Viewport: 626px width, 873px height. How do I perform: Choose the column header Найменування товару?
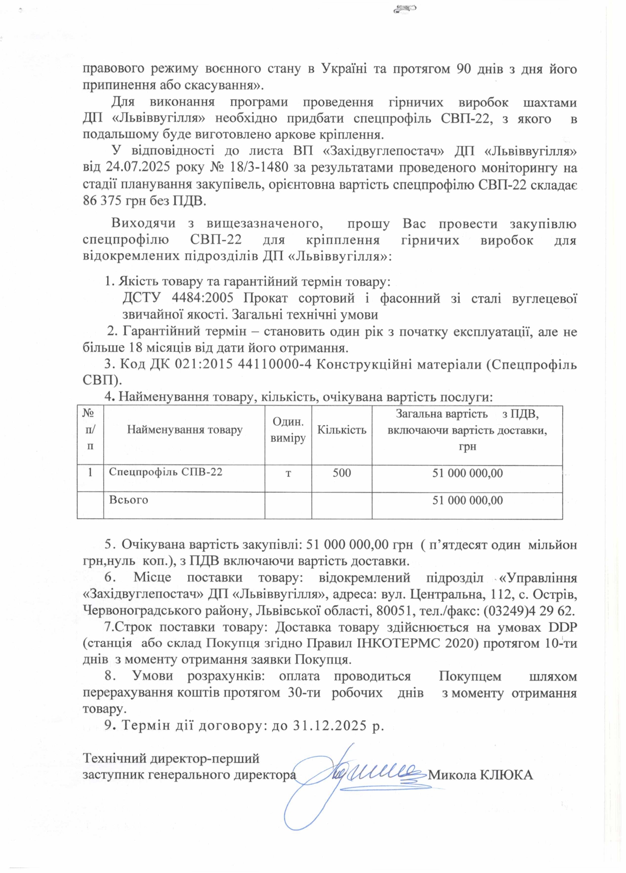(184, 430)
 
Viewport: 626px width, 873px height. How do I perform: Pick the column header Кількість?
(341, 430)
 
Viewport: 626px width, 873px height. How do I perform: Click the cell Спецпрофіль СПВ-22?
(166, 472)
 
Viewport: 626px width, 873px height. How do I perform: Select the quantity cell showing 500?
(341, 473)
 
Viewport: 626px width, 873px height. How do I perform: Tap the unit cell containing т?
(288, 473)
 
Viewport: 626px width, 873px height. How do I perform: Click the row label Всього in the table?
(128, 500)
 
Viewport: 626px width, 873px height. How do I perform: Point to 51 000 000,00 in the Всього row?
(467, 500)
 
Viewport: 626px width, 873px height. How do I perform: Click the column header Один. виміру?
(288, 430)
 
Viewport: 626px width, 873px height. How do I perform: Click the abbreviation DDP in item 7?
(562, 627)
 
